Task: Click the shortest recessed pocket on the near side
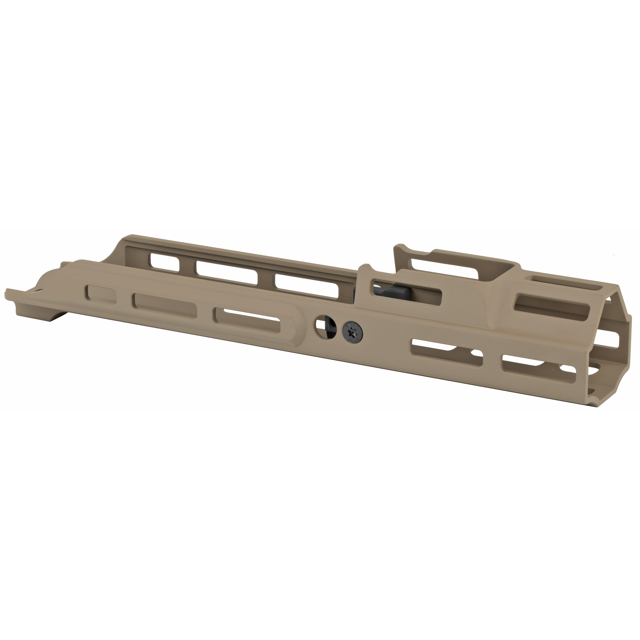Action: pyautogui.click(x=101, y=294)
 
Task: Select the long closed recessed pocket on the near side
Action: pyautogui.click(x=164, y=304)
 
